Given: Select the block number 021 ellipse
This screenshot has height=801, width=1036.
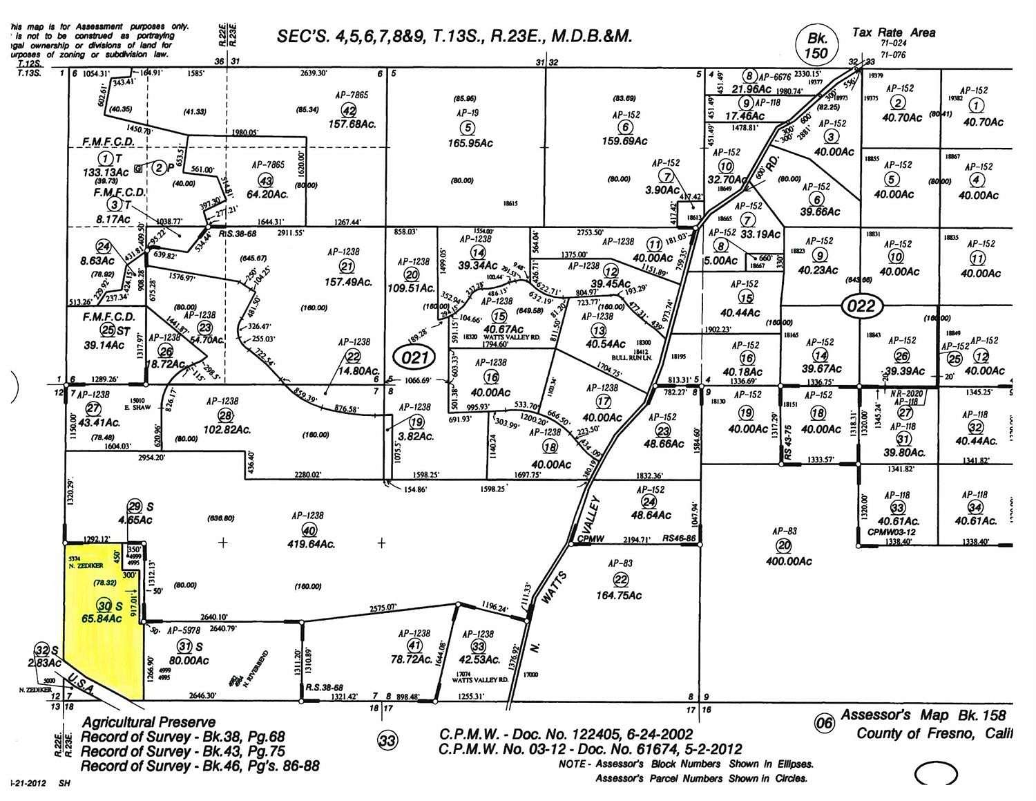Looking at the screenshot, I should click(x=414, y=357).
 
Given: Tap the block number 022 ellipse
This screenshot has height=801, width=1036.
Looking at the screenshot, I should click(x=860, y=306).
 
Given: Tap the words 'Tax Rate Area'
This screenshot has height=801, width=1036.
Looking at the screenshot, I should click(x=894, y=32).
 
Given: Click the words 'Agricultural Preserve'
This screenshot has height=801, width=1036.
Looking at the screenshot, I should click(x=148, y=722).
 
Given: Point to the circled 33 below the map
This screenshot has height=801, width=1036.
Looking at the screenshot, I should click(x=387, y=741).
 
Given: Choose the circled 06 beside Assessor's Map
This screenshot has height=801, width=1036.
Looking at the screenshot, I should click(x=823, y=724).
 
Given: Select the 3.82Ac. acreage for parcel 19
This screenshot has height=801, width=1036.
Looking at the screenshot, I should click(x=416, y=437).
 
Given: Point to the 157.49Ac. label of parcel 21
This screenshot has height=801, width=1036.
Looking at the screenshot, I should click(x=348, y=282).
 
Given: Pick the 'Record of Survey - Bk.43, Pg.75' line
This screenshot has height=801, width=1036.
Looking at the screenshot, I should click(x=182, y=751).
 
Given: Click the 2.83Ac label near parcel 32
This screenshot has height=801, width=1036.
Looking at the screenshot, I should click(x=44, y=663).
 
